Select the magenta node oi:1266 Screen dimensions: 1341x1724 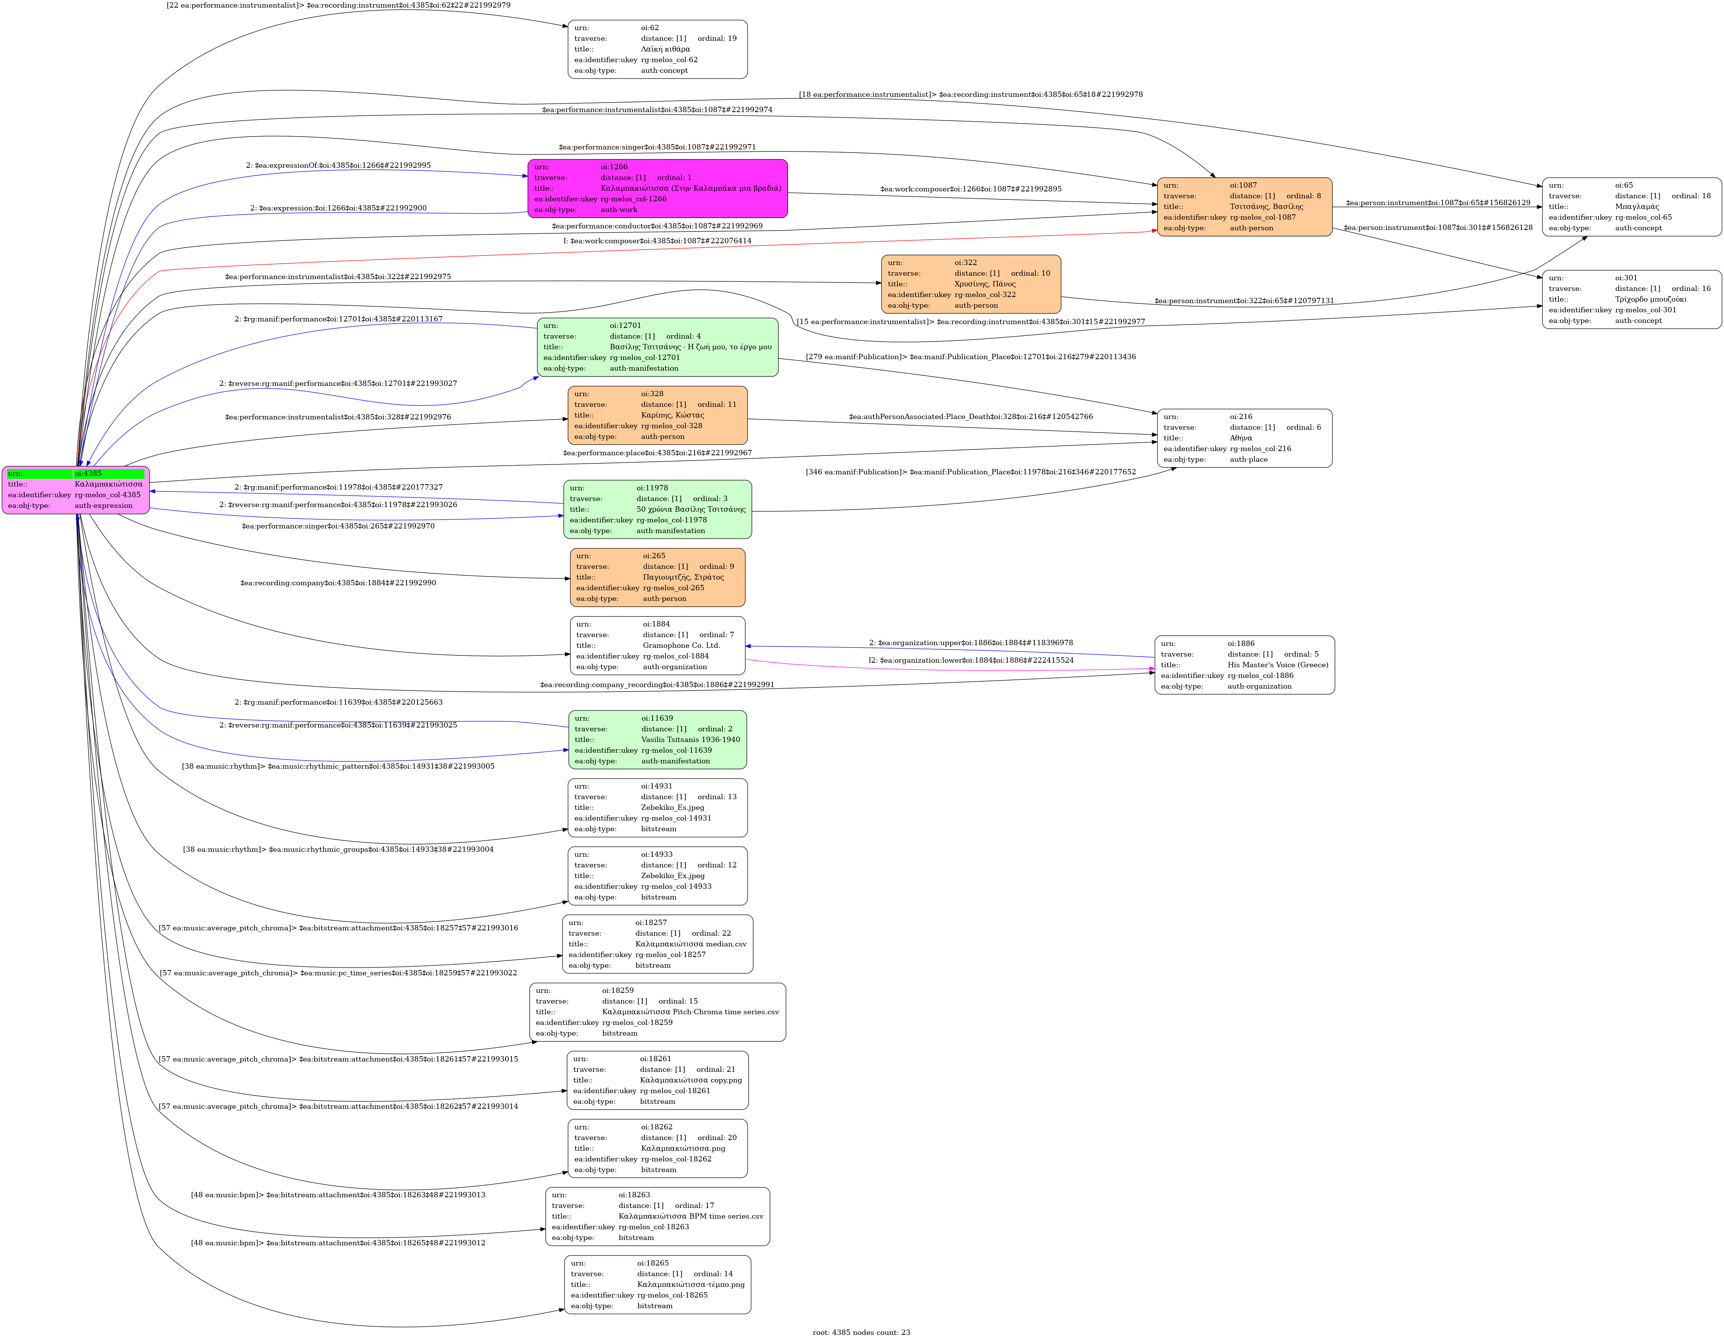pyautogui.click(x=657, y=189)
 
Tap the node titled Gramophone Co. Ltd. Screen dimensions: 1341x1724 pyautogui.click(x=657, y=646)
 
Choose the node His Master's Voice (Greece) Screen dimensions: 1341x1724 pyautogui.click(x=1244, y=665)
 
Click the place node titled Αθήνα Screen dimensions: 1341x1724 pyautogui.click(x=1244, y=438)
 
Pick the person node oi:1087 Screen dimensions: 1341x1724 pyautogui.click(x=1244, y=207)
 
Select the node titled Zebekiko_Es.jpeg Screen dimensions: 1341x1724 pyautogui.click(x=657, y=808)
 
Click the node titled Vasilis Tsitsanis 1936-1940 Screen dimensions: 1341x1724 pyautogui.click(x=657, y=740)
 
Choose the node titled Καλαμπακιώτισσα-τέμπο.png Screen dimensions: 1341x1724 pyautogui.click(x=657, y=1284)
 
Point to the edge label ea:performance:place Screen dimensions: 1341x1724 pyautogui.click(x=657, y=453)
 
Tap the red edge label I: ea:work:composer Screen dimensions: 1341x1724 pyautogui.click(x=657, y=241)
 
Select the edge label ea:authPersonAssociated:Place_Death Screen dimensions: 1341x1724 pyautogui.click(x=970, y=417)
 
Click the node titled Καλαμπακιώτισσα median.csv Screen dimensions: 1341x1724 pyautogui.click(x=657, y=944)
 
